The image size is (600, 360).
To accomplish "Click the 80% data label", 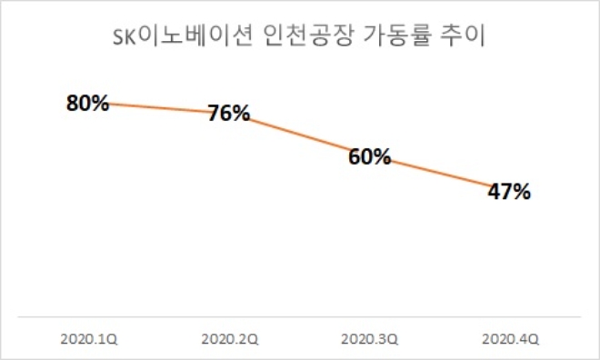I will click(x=87, y=102).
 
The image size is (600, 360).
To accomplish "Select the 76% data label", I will click(x=228, y=114).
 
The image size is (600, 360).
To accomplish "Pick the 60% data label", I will click(x=369, y=156).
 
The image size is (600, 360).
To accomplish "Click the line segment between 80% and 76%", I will click(x=159, y=108).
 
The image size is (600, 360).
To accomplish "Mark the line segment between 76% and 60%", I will click(x=300, y=136).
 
